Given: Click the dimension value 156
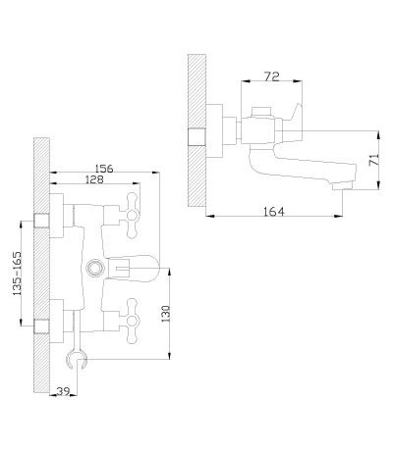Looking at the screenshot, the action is [104, 169].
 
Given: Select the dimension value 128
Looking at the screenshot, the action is [94, 179].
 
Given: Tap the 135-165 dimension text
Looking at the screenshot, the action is [17, 274].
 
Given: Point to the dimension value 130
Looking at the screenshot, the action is [166, 314].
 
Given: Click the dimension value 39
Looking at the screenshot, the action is [63, 391].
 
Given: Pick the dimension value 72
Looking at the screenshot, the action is [272, 76].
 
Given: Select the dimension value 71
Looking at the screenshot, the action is [374, 160].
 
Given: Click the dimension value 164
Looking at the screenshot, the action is [274, 212].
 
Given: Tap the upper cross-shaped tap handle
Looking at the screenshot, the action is [132, 216].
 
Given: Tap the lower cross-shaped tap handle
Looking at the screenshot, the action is [132, 321].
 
